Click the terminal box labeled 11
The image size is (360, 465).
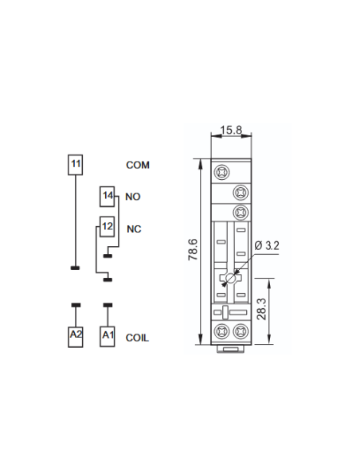pyautogui.click(x=76, y=165)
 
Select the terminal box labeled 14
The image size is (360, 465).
pyautogui.click(x=107, y=197)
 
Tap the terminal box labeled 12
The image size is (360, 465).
pyautogui.click(x=107, y=227)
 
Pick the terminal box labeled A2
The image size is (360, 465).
pyautogui.click(x=76, y=336)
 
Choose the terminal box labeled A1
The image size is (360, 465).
pyautogui.click(x=107, y=336)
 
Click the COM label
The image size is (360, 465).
pyautogui.click(x=138, y=165)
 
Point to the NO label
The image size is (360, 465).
pyautogui.click(x=132, y=197)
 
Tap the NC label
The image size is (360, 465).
pyautogui.click(x=134, y=229)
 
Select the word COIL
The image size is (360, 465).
pyautogui.click(x=137, y=338)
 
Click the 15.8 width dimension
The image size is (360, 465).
pyautogui.click(x=231, y=130)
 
